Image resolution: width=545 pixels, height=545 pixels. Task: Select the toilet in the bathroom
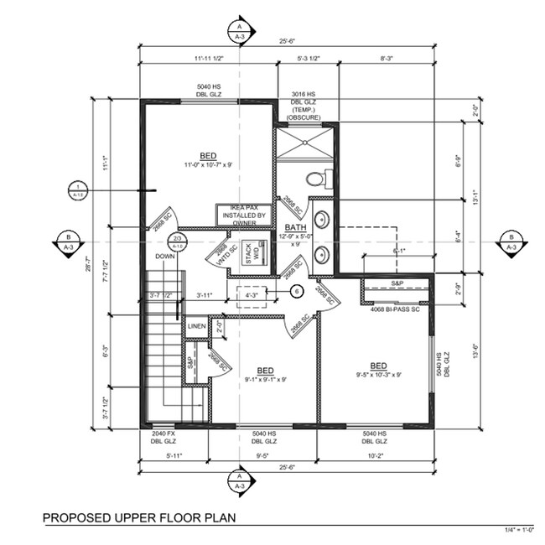pyautogui.click(x=316, y=178)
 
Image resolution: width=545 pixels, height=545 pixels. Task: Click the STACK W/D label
pyautogui.click(x=249, y=252)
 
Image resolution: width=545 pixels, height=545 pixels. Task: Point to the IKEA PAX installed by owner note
pyautogui.click(x=245, y=215)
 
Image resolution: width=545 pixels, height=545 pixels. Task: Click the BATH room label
pyautogui.click(x=295, y=228)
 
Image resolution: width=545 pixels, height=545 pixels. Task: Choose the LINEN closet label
pyautogui.click(x=197, y=326)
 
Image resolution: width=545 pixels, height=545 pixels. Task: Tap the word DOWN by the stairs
pyautogui.click(x=164, y=257)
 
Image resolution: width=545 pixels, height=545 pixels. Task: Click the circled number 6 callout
pyautogui.click(x=296, y=291)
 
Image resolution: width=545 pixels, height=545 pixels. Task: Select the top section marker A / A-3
pyautogui.click(x=239, y=32)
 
